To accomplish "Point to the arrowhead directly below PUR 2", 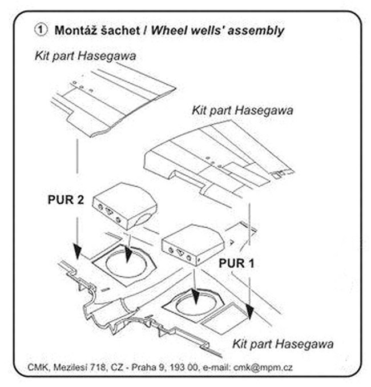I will [x=76, y=251].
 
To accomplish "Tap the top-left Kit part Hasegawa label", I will [x=87, y=56].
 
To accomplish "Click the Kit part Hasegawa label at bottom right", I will [x=283, y=344].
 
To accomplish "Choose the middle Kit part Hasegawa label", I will [x=243, y=110].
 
